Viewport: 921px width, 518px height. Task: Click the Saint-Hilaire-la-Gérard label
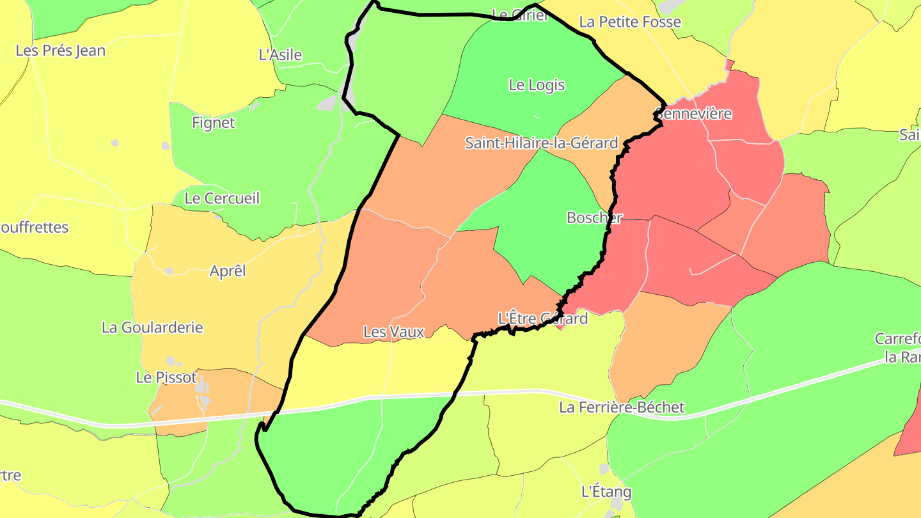(x=541, y=143)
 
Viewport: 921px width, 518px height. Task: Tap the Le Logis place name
(x=537, y=84)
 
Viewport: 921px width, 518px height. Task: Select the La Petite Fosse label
(x=630, y=22)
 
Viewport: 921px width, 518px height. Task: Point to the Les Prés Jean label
(x=61, y=51)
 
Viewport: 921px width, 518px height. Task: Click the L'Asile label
(x=280, y=55)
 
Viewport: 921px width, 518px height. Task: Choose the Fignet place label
(x=214, y=122)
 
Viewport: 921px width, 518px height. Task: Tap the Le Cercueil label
(x=222, y=198)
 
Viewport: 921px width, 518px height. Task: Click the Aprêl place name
(x=228, y=271)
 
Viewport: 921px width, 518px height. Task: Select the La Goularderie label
(x=152, y=327)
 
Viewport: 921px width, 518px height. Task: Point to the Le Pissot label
(x=166, y=377)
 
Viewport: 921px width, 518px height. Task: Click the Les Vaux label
(x=394, y=332)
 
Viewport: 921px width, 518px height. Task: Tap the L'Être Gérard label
(x=542, y=318)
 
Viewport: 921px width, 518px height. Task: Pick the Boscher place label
(x=594, y=217)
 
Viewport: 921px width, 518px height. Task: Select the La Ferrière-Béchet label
(x=622, y=407)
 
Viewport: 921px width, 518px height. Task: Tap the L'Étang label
(x=606, y=492)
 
